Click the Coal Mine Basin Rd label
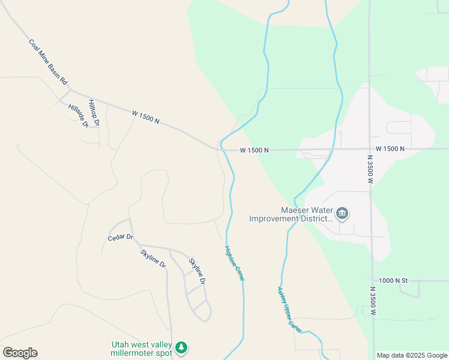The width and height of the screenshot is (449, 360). [x=48, y=62]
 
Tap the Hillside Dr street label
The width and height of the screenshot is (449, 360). [x=78, y=116]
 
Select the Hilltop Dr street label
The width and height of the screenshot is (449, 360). [x=94, y=112]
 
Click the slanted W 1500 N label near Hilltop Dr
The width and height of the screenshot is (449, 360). [x=146, y=116]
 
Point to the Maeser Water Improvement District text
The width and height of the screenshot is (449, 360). [x=291, y=215]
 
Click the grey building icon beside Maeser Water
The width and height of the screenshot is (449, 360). [x=343, y=213]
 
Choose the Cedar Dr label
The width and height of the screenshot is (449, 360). [x=120, y=238]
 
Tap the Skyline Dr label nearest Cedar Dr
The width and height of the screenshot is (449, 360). [x=153, y=257]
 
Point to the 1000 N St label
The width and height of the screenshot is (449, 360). [x=393, y=280]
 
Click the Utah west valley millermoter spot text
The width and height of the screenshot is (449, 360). [x=142, y=349]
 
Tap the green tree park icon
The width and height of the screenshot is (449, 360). [x=181, y=347]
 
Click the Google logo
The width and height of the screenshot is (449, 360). [x=20, y=353]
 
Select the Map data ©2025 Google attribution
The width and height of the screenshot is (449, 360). [x=412, y=355]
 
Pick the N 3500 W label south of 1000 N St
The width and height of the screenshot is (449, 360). [x=373, y=303]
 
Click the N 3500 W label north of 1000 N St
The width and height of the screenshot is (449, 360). [x=370, y=167]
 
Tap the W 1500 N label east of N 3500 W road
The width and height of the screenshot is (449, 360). [x=390, y=148]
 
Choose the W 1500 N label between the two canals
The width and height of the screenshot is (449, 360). [x=254, y=150]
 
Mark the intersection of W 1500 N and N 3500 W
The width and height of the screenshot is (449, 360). [x=370, y=148]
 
